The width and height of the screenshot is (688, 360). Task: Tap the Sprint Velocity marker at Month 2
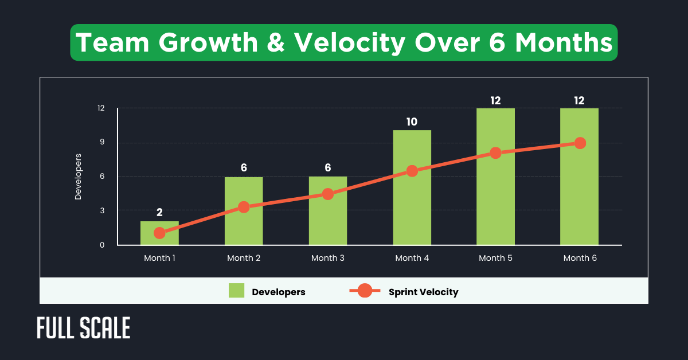[244, 207]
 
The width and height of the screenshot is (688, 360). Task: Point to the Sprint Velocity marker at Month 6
[580, 143]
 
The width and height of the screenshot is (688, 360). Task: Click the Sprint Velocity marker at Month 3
[327, 194]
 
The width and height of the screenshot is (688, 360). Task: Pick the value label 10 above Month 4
[412, 122]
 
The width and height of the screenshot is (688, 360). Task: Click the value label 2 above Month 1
[159, 213]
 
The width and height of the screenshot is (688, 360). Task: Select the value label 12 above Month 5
[495, 100]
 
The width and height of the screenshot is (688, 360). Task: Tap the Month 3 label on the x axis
[327, 258]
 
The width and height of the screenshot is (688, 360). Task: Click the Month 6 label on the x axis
[580, 258]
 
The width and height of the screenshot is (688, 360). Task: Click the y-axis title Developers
[79, 177]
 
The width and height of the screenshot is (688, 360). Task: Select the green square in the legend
[236, 291]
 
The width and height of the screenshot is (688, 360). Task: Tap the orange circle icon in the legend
[365, 291]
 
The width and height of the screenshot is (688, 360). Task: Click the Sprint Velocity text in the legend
[423, 292]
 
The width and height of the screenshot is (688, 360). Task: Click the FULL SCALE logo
[84, 328]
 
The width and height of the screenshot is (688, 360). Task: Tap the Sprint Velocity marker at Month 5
[495, 153]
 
